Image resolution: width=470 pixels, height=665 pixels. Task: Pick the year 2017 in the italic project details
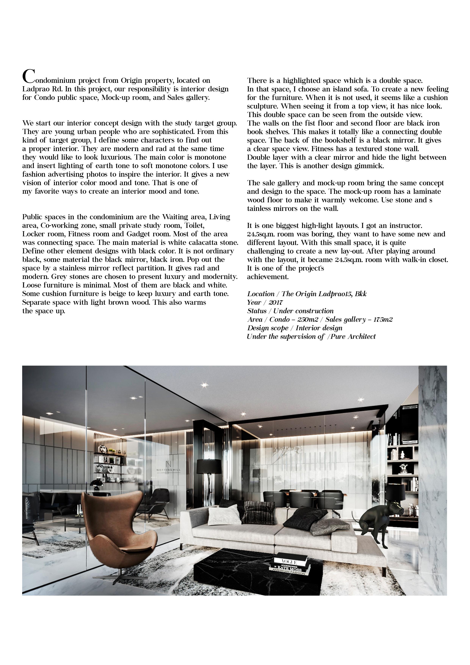click(x=275, y=303)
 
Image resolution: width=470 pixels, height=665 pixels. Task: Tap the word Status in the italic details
click(x=257, y=311)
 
